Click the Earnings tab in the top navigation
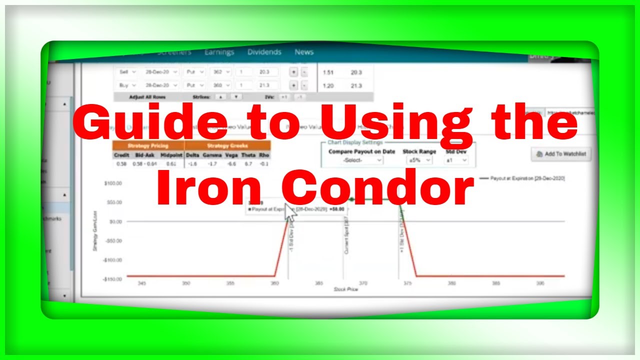pyautogui.click(x=219, y=52)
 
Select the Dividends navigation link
pyautogui.click(x=264, y=52)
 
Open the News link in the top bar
pyautogui.click(x=304, y=52)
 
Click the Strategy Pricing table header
pyautogui.click(x=148, y=145)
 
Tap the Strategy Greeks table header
pyautogui.click(x=227, y=145)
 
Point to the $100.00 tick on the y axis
pyautogui.click(x=112, y=183)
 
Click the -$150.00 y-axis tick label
pyautogui.click(x=112, y=279)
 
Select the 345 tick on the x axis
pyautogui.click(x=142, y=283)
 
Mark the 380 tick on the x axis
pyautogui.click(x=451, y=283)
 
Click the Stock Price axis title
pyautogui.click(x=346, y=289)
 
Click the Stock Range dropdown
pyautogui.click(x=419, y=160)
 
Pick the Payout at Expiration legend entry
pyautogui.click(x=522, y=178)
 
